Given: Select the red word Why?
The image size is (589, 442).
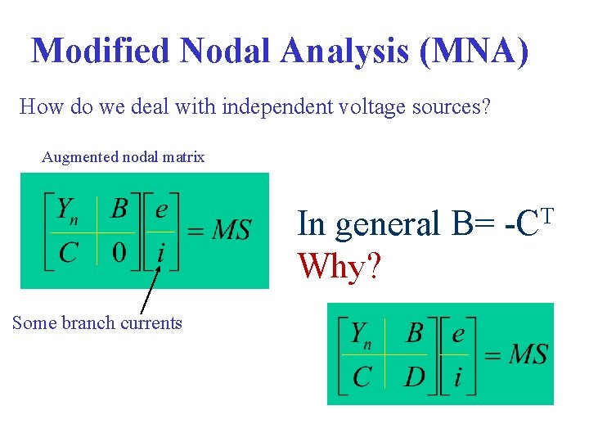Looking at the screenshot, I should pos(339,265).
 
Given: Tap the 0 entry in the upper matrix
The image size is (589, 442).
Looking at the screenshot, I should pos(120,252).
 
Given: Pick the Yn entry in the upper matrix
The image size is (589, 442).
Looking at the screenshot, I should pos(66,211).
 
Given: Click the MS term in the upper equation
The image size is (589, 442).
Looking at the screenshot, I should pos(231,230).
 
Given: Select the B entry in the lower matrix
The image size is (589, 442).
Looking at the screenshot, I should pos(415,333).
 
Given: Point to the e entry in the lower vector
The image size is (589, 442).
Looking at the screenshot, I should pos(457,334).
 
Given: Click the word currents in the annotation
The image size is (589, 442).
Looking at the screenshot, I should pos(151,323).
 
